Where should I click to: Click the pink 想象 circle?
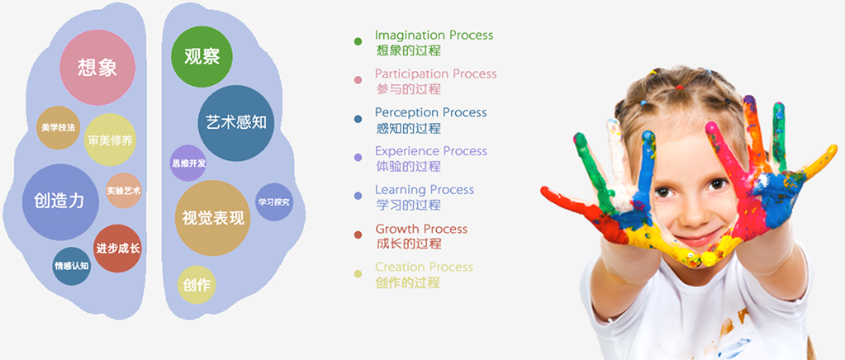97,68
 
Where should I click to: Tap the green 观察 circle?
202,57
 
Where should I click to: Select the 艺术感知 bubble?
236,123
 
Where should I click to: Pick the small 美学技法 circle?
58,128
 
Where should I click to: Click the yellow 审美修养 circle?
111,140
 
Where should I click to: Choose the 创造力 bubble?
60,202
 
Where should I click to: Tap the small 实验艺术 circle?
123,190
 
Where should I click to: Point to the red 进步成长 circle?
117,249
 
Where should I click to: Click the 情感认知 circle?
72,266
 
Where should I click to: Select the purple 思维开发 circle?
188,163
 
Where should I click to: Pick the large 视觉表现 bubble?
213,218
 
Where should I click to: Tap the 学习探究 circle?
273,202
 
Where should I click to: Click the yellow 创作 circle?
197,285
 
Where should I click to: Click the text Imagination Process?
434,35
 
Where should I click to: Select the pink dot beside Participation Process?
358,80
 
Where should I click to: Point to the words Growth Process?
421,229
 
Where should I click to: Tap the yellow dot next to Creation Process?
358,274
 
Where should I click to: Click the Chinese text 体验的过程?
409,166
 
